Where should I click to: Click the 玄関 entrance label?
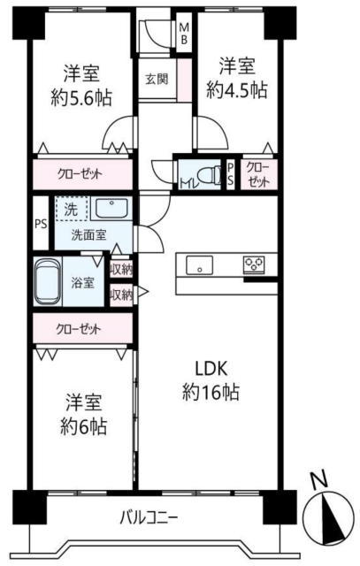coord(157,79)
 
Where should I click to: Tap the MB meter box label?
coord(184,34)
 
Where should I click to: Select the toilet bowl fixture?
coord(210,175)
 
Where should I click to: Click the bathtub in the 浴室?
coord(47,282)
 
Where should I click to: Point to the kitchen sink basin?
coord(199,265)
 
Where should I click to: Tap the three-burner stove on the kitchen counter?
coord(254,264)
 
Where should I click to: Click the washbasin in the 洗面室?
coord(111,208)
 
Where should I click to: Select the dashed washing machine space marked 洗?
coord(72,209)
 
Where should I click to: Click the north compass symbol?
coord(328,518)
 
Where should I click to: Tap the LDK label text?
coord(211,369)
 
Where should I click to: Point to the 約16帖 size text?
coord(211,392)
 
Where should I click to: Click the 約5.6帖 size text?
coord(81,97)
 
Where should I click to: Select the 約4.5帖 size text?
coord(237,90)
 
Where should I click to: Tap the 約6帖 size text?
coord(83,426)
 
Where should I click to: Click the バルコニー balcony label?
coord(149,518)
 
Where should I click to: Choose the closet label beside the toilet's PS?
coord(257,174)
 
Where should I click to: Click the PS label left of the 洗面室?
coord(41,224)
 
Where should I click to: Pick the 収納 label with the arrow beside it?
coord(121,295)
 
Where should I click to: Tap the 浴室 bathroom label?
coord(82,282)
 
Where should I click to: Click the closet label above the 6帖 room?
coord(79,329)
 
